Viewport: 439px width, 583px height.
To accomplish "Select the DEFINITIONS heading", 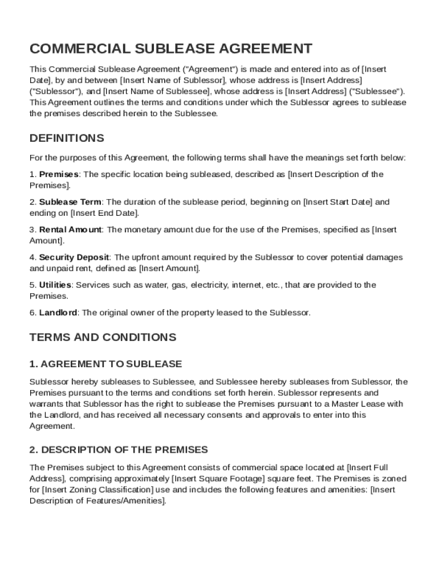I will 67,138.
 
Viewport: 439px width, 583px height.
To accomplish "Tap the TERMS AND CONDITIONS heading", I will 103,337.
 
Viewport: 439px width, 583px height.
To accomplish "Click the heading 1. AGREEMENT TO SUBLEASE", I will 105,364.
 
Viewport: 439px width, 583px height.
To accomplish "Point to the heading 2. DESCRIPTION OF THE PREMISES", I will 119,450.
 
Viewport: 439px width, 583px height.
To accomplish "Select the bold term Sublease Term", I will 70,202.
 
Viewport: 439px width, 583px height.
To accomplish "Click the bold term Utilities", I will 55,285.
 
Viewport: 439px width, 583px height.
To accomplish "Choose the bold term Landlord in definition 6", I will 58,313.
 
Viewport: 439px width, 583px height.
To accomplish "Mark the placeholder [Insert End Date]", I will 104,213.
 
